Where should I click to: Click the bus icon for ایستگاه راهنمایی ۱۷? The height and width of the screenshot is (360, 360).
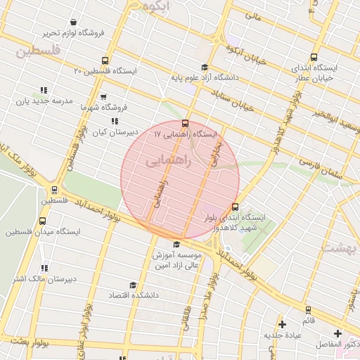pyautogui.click(x=185, y=124)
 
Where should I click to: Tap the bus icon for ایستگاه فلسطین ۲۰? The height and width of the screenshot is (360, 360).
pyautogui.click(x=105, y=61)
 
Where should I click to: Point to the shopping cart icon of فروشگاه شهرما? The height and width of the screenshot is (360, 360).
pyautogui.click(x=103, y=97)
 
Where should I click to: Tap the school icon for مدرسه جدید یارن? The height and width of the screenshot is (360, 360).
pyautogui.click(x=44, y=91)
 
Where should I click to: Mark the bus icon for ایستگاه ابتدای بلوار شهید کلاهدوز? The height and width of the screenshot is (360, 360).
pyautogui.click(x=235, y=207)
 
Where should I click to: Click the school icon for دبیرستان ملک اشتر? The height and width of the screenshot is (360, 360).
pyautogui.click(x=44, y=269)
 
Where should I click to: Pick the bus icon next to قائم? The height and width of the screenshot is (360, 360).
pyautogui.click(x=309, y=309)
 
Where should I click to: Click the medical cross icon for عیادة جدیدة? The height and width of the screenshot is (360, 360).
pyautogui.click(x=282, y=324)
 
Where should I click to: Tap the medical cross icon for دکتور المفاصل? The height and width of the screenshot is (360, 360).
pyautogui.click(x=338, y=333)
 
